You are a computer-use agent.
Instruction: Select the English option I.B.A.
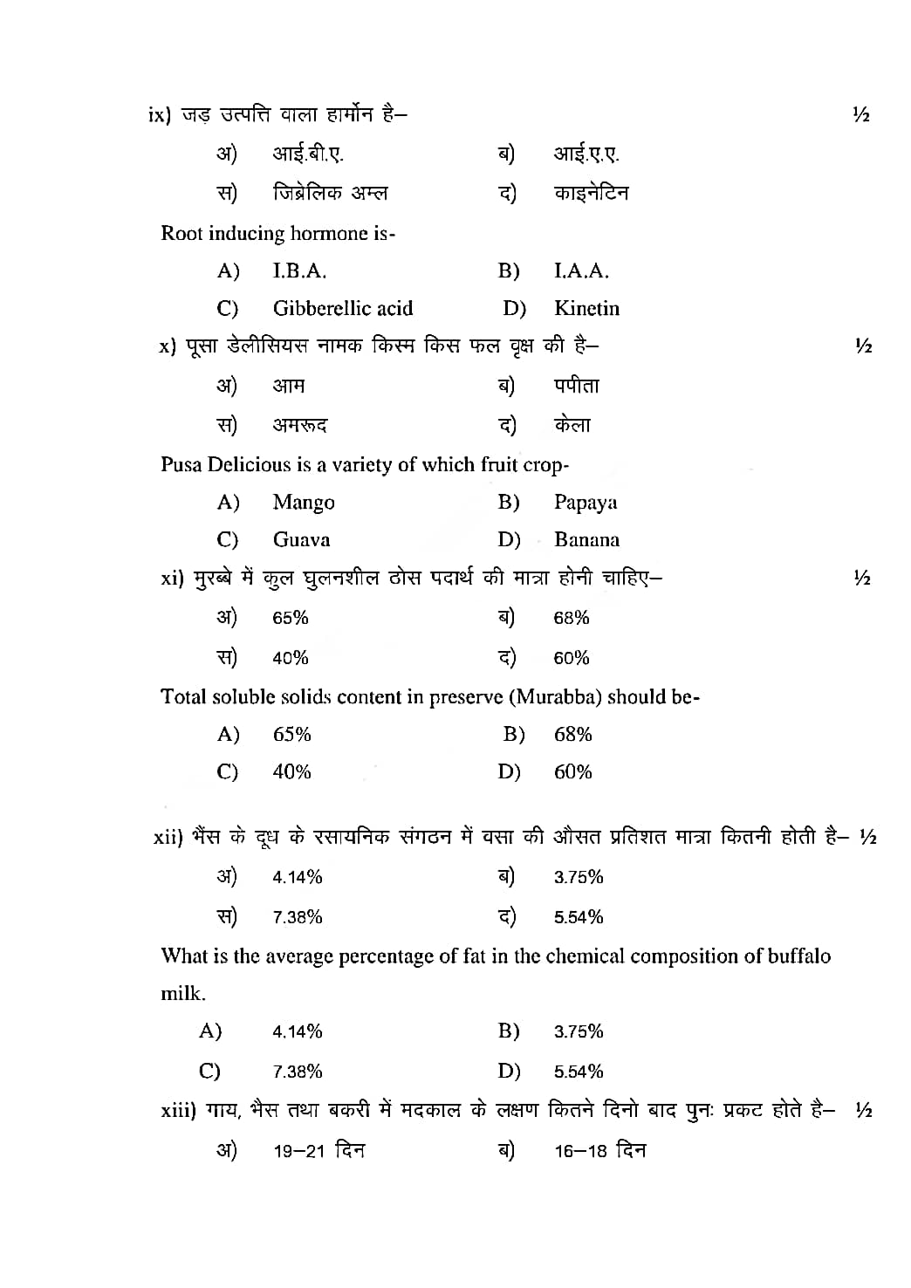pyautogui.click(x=299, y=271)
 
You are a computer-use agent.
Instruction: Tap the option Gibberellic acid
pyautogui.click(x=342, y=308)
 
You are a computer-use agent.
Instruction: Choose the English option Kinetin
pyautogui.click(x=586, y=308)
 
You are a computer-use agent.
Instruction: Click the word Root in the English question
pyautogui.click(x=180, y=233)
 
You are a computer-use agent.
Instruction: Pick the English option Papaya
pyautogui.click(x=586, y=503)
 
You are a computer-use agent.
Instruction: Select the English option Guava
pyautogui.click(x=301, y=540)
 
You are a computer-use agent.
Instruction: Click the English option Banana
pyautogui.click(x=586, y=540)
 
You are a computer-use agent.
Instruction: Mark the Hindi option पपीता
pyautogui.click(x=576, y=386)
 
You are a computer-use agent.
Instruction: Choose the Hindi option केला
pyautogui.click(x=572, y=426)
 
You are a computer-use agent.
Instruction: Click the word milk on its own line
pyautogui.click(x=182, y=994)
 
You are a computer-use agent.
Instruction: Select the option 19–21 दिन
pyautogui.click(x=319, y=1151)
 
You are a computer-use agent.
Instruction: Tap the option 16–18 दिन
pyautogui.click(x=599, y=1151)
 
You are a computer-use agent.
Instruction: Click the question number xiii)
pyautogui.click(x=179, y=1112)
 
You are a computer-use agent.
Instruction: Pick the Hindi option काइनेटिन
pyautogui.click(x=591, y=193)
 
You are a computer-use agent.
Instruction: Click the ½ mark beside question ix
pyautogui.click(x=861, y=115)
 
